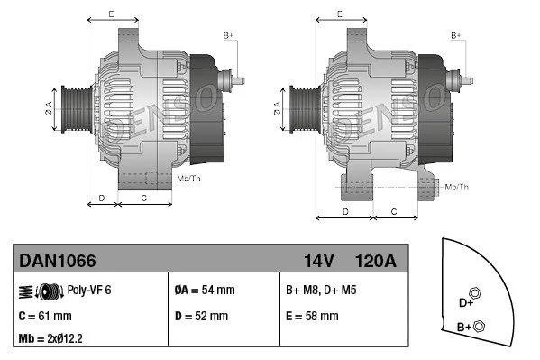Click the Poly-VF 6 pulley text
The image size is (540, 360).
(90, 291)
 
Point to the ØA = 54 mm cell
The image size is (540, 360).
(204, 291)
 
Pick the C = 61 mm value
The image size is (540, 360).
(45, 316)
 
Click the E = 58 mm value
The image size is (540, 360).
(312, 316)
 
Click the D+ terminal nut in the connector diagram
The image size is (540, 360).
(475, 293)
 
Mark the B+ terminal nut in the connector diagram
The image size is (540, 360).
(480, 326)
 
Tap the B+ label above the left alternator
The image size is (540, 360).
(229, 34)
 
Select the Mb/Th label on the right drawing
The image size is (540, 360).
(457, 187)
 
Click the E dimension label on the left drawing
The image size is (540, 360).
(111, 14)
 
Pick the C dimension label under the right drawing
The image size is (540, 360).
(394, 210)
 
